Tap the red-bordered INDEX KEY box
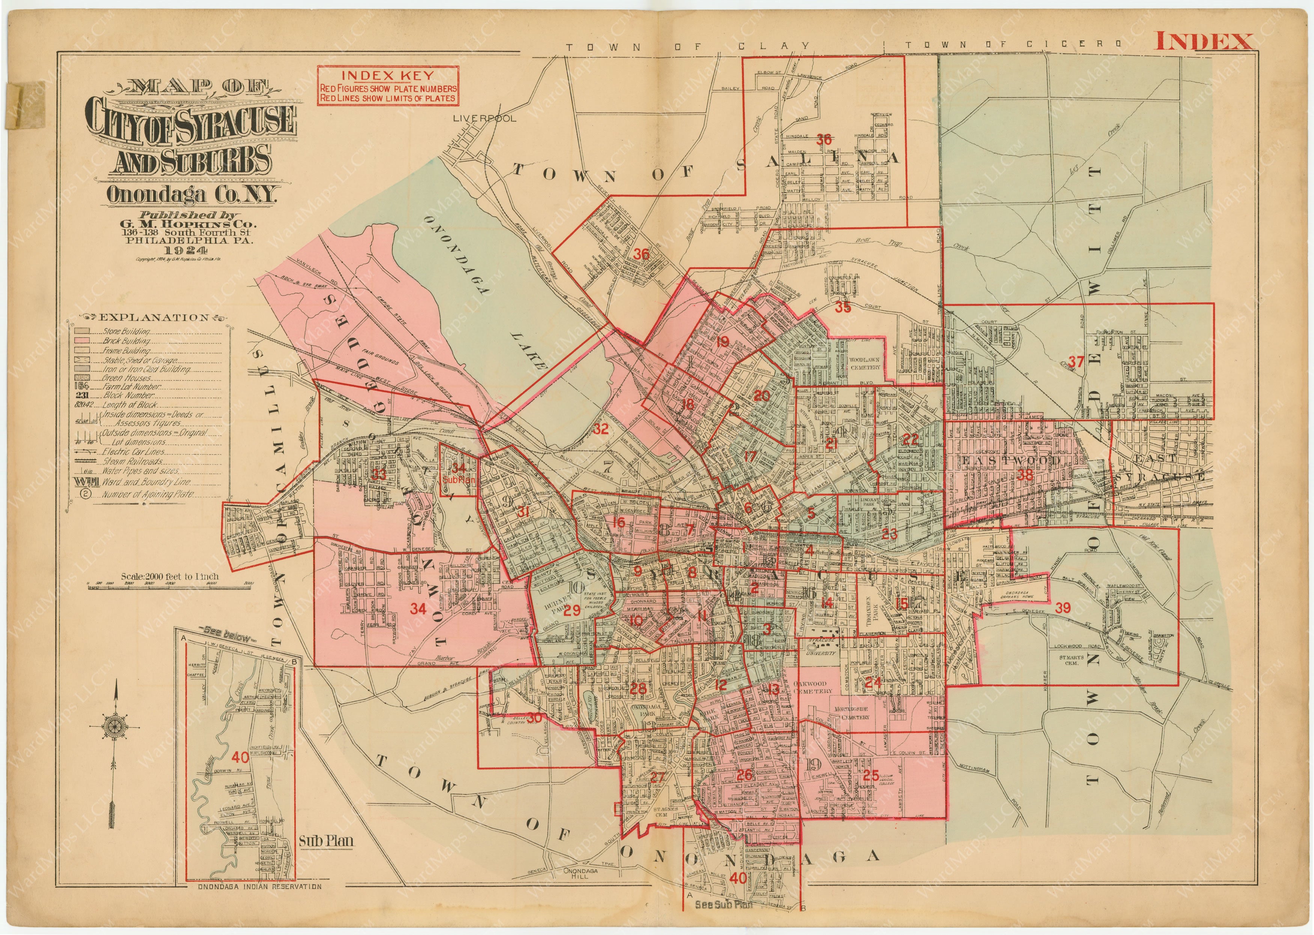coord(388,85)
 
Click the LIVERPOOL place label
coord(485,118)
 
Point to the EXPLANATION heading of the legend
coord(154,317)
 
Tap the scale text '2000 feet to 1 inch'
coord(170,576)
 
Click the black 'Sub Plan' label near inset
coord(326,841)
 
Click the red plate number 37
coord(1076,362)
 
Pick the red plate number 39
coord(1062,608)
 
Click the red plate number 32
coord(601,428)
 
